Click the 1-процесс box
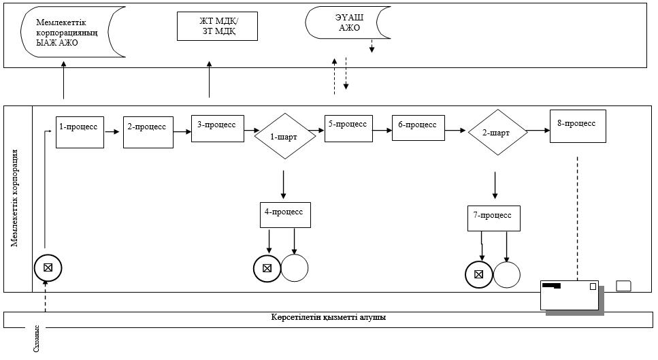[x=80, y=132]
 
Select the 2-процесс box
[x=148, y=132]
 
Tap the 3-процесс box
[x=218, y=129]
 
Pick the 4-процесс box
[x=285, y=216]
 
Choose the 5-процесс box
[x=348, y=129]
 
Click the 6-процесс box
[x=418, y=128]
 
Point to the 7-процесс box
[x=494, y=218]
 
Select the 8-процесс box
[x=578, y=127]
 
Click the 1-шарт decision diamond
[x=285, y=136]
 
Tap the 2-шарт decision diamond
[x=497, y=132]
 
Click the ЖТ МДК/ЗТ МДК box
[x=217, y=26]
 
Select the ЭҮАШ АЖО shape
[x=348, y=22]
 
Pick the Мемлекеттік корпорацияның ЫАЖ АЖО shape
[x=73, y=32]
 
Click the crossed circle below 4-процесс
[x=267, y=268]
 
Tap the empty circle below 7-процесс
[x=507, y=275]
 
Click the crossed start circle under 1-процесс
[x=48, y=267]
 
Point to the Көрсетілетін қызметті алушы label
[x=329, y=317]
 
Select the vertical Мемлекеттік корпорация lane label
[x=15, y=197]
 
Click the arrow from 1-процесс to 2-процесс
[x=112, y=132]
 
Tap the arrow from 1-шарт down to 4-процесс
[x=284, y=184]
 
